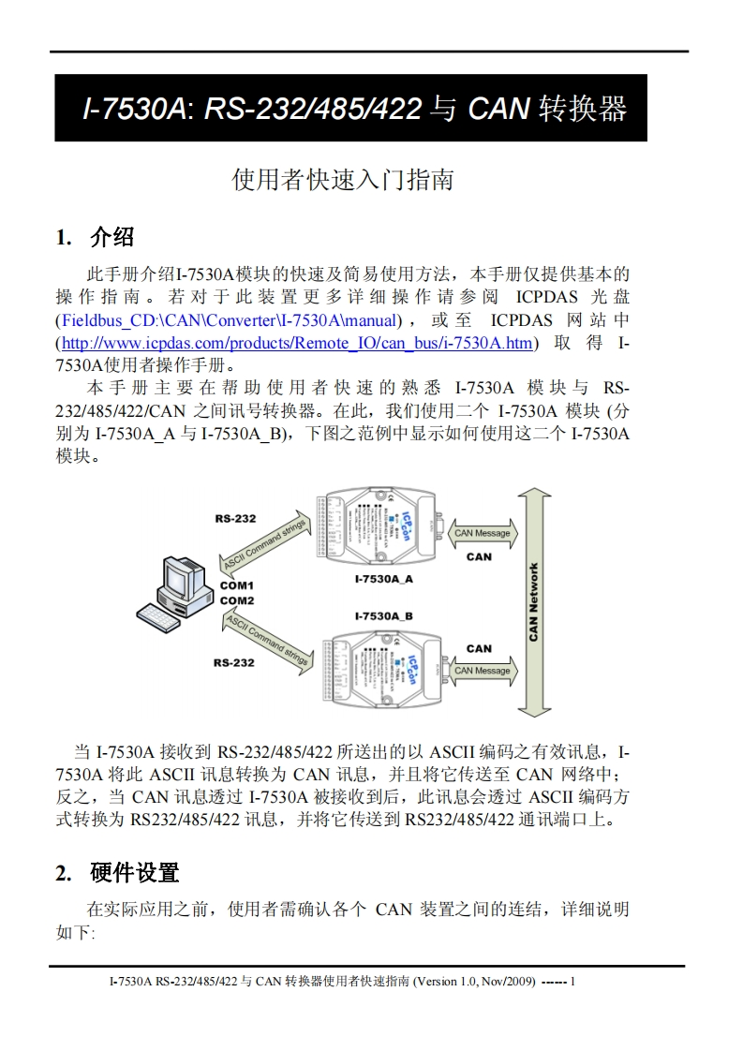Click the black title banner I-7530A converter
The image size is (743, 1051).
350,108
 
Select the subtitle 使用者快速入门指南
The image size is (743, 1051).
342,179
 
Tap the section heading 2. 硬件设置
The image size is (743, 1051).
117,873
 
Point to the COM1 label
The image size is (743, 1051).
237,585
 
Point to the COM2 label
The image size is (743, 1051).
237,600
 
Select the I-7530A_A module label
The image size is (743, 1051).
383,580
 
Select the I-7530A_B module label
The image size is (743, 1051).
383,616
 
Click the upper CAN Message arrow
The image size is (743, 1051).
482,533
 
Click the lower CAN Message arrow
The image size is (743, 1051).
482,671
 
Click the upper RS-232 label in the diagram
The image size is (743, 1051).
234,518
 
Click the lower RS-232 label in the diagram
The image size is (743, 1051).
233,662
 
